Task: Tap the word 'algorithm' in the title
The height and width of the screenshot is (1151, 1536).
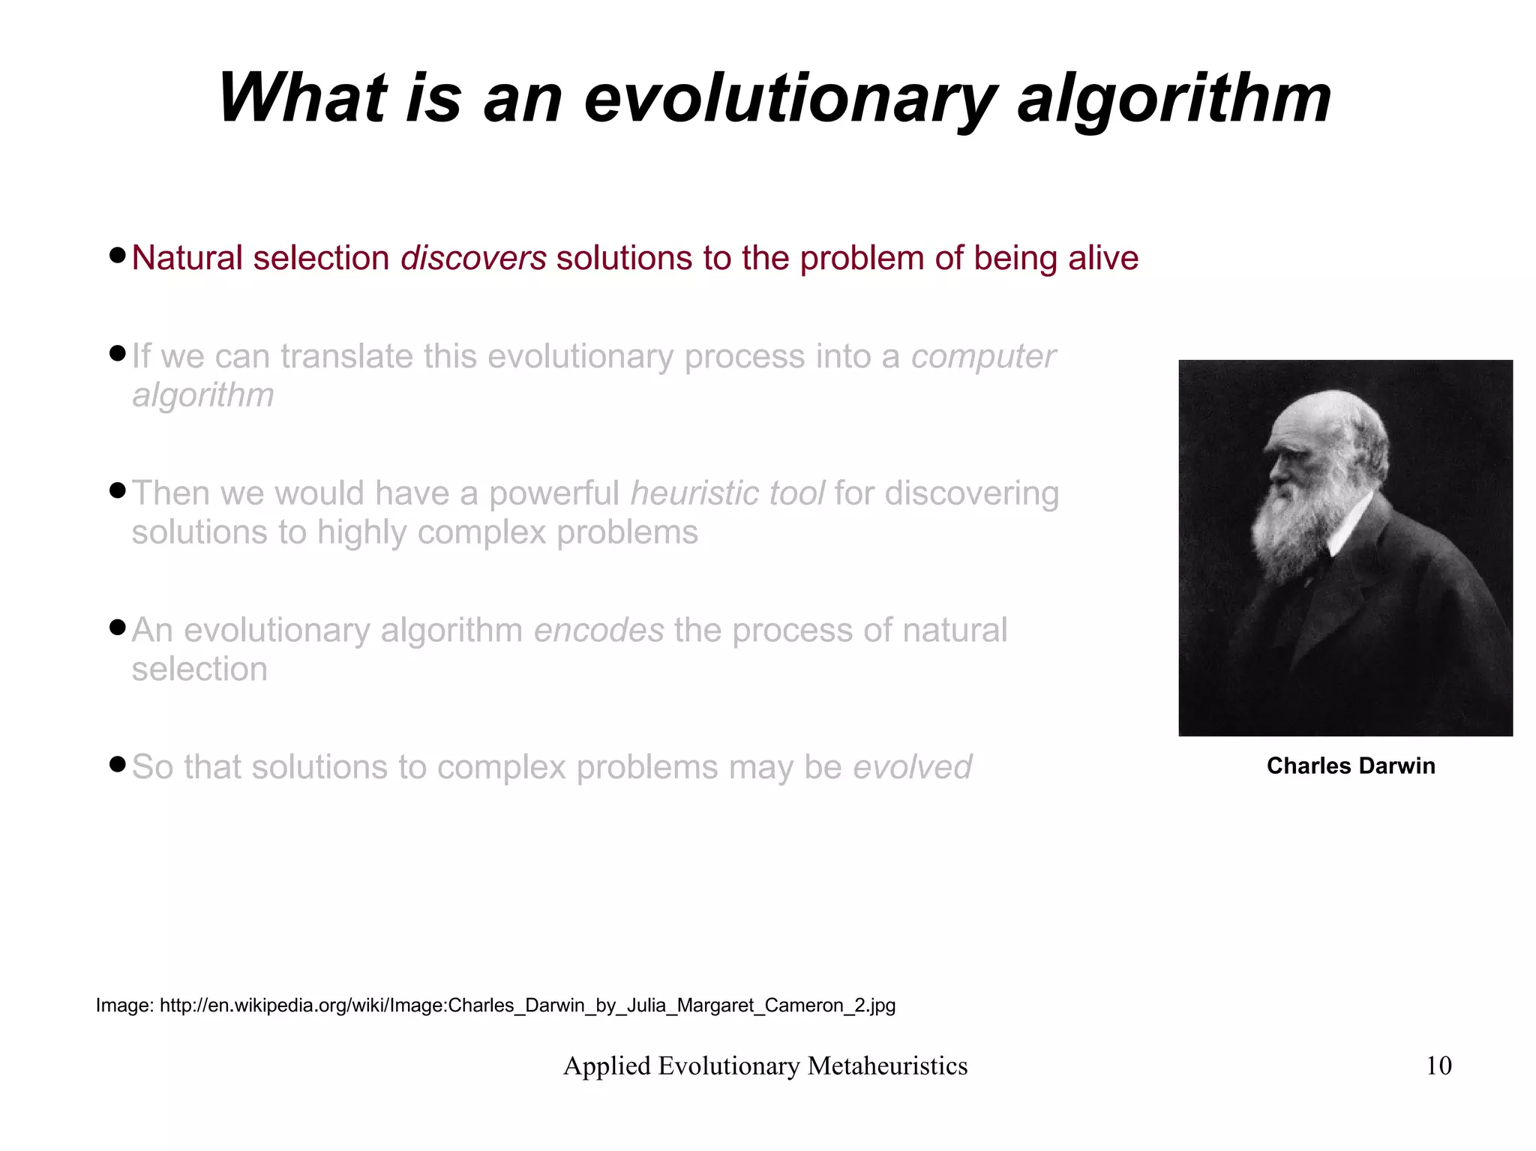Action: point(1174,99)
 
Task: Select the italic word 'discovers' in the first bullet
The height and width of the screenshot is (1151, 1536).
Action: point(473,258)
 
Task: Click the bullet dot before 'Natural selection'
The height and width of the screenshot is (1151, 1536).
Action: point(116,255)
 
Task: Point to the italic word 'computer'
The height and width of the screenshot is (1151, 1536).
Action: point(982,356)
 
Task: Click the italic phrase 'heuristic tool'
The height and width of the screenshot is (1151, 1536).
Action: point(727,493)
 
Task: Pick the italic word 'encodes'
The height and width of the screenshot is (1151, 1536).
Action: point(598,631)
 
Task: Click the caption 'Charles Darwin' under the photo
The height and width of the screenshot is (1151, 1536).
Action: point(1350,766)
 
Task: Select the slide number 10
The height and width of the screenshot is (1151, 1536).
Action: point(1438,1066)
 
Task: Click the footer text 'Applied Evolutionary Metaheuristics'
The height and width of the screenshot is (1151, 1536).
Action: point(765,1066)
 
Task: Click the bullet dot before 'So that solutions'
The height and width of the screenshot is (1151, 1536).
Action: point(116,764)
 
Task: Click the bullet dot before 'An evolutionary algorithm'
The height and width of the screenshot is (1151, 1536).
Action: point(116,627)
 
